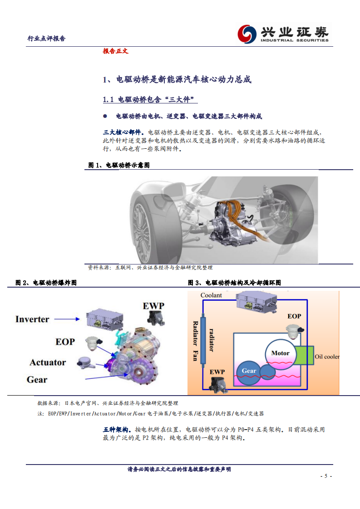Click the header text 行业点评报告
(46, 39)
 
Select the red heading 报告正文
(115, 51)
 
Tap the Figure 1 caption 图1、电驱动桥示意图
(119, 166)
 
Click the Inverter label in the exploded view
(32, 319)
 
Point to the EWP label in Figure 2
(153, 305)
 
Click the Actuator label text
(48, 362)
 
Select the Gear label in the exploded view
(37, 380)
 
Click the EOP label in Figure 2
(65, 342)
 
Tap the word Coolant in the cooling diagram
(211, 295)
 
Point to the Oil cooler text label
(327, 357)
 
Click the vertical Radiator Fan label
(195, 341)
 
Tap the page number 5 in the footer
(325, 476)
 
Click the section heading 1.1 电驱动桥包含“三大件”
(150, 100)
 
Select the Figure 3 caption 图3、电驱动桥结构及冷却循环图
(234, 283)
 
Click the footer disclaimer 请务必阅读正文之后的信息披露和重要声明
(179, 470)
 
